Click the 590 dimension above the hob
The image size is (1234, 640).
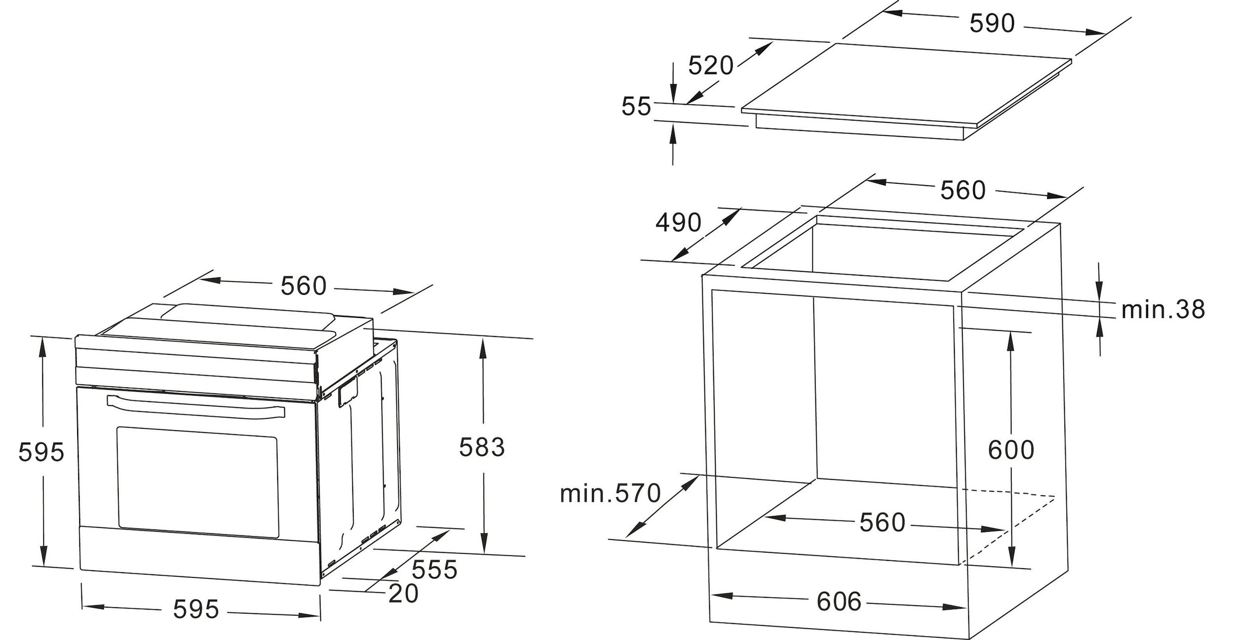992,23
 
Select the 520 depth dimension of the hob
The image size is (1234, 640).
711,66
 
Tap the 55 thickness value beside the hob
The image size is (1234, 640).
636,107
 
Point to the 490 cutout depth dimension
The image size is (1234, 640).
678,222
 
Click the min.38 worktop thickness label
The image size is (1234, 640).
1163,309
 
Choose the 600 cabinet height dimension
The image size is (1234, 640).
1011,450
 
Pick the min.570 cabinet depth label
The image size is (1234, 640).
610,493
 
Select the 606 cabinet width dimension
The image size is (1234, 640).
839,601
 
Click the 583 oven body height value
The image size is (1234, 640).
482,447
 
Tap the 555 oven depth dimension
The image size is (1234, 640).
434,570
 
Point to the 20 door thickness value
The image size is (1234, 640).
403,594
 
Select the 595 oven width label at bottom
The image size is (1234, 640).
196,609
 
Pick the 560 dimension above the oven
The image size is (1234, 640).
303,286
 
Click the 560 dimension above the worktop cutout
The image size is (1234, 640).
963,191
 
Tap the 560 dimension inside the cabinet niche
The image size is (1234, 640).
882,522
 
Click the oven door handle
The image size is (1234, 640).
195,406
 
